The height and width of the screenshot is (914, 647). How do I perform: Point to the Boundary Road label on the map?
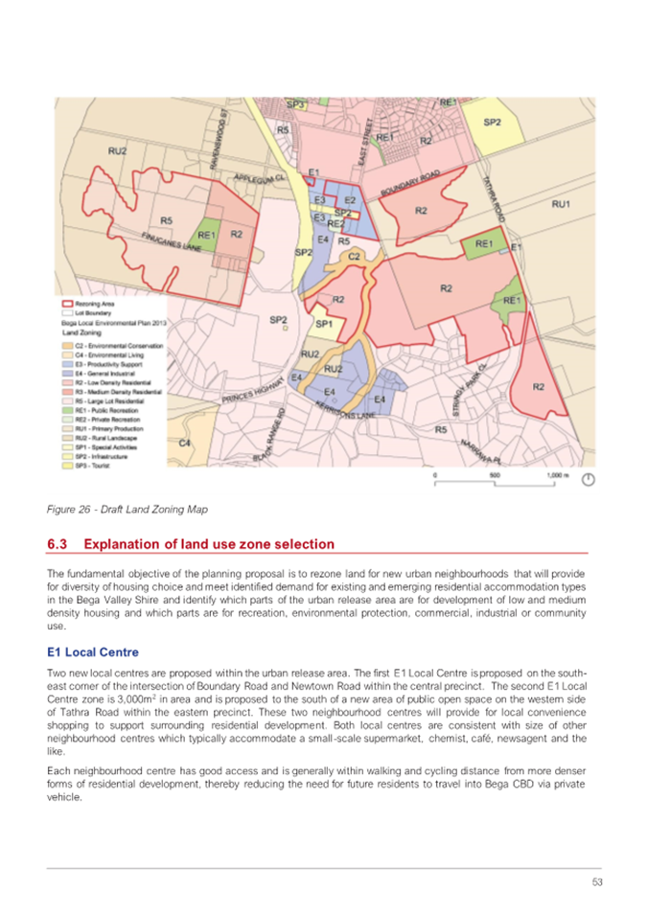click(x=409, y=184)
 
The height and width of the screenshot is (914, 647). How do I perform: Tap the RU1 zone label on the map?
click(x=561, y=204)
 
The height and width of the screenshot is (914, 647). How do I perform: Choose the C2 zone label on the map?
click(x=353, y=256)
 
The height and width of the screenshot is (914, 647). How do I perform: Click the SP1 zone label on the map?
click(x=323, y=325)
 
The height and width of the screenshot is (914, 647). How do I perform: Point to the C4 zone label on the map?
click(x=185, y=443)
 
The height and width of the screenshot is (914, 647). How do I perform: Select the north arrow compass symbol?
click(x=589, y=479)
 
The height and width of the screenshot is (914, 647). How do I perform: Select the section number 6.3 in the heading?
click(x=58, y=544)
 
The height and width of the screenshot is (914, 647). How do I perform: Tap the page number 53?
click(x=595, y=881)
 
